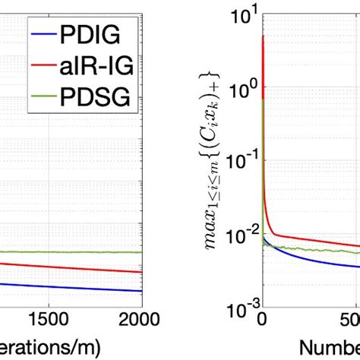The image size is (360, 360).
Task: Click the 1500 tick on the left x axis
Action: tap(48, 317)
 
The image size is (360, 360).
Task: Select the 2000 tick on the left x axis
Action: tap(141, 317)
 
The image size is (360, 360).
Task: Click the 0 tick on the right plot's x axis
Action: tap(262, 317)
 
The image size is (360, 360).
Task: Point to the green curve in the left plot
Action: tap(76, 252)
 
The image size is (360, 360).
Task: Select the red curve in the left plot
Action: tap(76, 267)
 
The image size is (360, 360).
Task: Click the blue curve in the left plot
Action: tap(76, 287)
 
